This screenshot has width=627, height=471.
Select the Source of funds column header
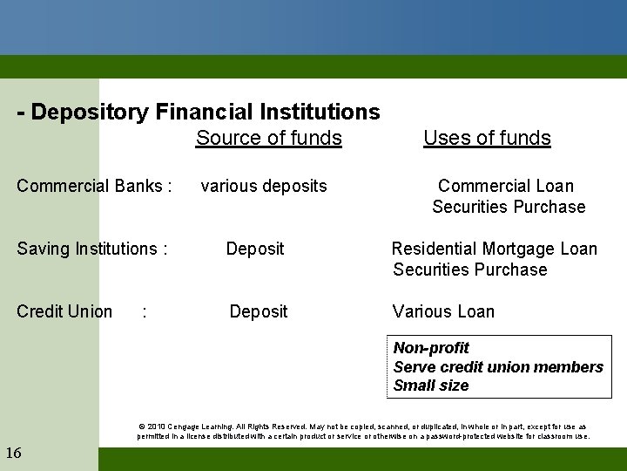coord(268,138)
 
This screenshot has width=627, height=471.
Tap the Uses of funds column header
coord(487,138)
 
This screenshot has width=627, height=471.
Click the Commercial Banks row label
coord(94,186)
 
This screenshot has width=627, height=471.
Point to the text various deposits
coord(264,186)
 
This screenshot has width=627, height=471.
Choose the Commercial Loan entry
coord(506,186)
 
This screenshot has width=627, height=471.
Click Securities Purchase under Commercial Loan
coord(509,207)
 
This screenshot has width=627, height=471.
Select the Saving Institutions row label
coord(91,249)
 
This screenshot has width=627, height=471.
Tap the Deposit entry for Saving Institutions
coord(254,249)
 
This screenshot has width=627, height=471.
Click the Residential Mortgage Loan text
coord(495,249)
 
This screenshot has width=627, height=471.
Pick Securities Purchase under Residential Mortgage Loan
coord(470,270)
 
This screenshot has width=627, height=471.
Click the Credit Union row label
coord(64,311)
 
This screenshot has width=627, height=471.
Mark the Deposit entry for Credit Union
coord(258,311)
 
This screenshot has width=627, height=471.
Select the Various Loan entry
coord(443,311)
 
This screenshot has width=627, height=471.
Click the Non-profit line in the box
coord(431,348)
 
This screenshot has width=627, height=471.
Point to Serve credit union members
coord(498,366)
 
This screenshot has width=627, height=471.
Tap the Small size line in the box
coord(431,386)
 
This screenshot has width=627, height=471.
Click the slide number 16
coord(14,452)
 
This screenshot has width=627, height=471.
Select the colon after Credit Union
coord(144,311)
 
